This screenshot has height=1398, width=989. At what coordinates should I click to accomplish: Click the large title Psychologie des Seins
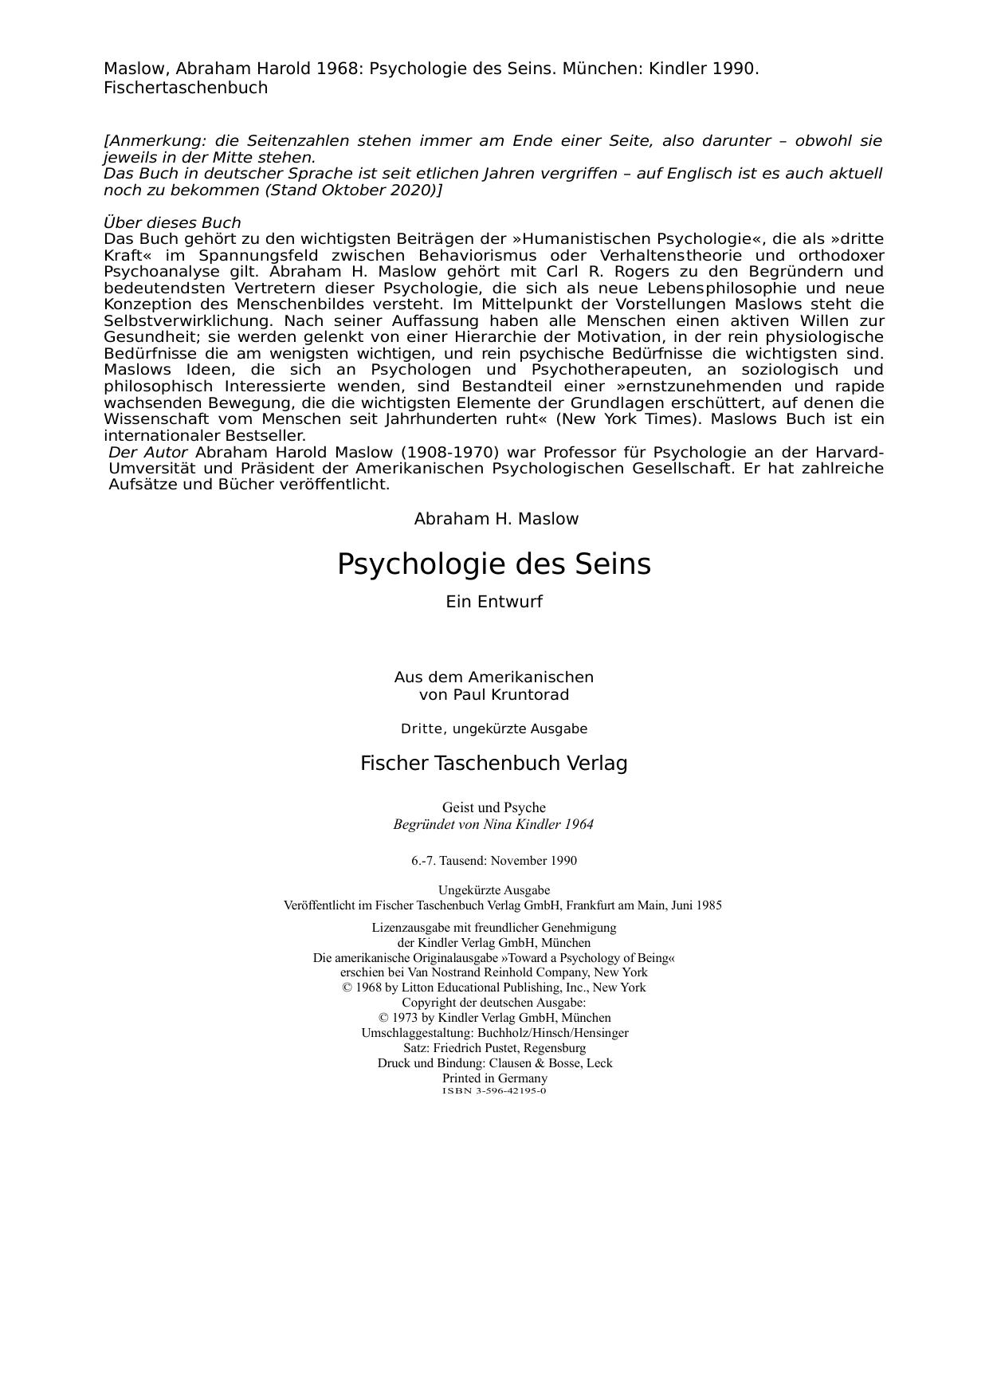tap(493, 564)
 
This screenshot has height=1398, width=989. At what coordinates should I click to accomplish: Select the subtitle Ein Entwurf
tap(493, 603)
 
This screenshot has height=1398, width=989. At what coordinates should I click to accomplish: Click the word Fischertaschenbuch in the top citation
tap(186, 88)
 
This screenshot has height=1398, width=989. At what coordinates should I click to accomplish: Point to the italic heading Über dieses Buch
tap(172, 223)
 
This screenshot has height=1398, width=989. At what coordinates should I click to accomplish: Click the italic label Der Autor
tap(148, 453)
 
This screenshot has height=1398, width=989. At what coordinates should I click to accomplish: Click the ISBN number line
tap(494, 1090)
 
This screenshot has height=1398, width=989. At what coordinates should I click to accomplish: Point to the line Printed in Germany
tap(494, 1078)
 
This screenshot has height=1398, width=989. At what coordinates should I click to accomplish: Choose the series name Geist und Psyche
tap(493, 807)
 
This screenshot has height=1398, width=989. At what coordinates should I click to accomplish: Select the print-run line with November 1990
tap(494, 861)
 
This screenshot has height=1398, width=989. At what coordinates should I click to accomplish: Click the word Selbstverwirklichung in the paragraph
tap(189, 321)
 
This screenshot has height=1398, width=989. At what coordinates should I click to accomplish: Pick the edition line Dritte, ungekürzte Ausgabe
tap(494, 729)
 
